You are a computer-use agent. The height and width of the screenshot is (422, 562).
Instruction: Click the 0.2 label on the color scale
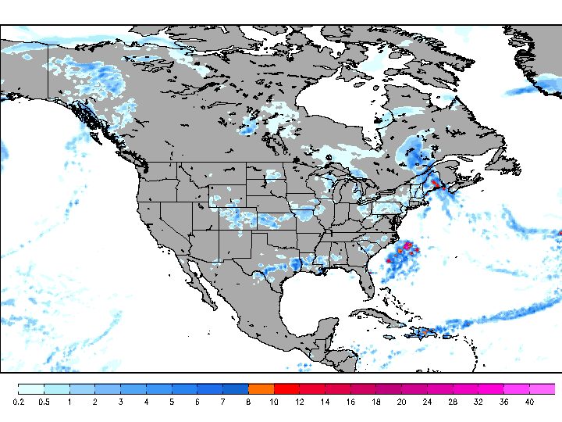(18, 402)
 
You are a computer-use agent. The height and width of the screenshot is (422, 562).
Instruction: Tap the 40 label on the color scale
(529, 402)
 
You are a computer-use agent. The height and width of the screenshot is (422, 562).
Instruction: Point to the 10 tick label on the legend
(273, 402)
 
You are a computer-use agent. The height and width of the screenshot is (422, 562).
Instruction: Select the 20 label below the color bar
(401, 402)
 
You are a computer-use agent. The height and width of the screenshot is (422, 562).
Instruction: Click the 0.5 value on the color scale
(44, 402)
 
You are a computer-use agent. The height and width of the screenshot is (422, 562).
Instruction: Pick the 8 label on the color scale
(248, 402)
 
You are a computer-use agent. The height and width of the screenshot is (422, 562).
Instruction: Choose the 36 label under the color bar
(503, 402)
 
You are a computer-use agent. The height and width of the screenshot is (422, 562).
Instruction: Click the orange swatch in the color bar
(261, 388)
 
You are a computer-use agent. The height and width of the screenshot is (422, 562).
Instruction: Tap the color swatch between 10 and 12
(286, 388)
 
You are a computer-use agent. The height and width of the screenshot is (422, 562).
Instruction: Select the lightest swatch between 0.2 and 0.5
(30, 388)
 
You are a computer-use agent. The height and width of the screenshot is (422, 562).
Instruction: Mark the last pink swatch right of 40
(542, 388)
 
